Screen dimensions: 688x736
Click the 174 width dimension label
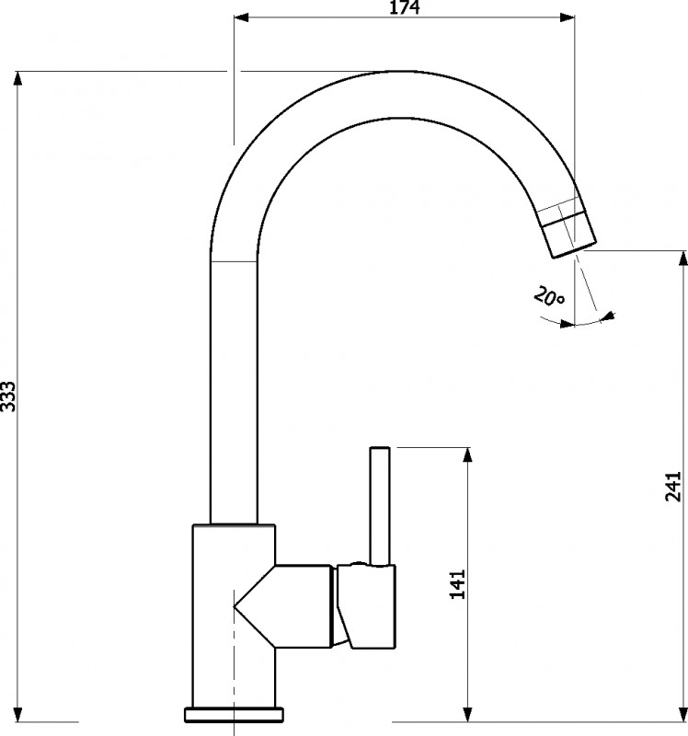pyautogui.click(x=405, y=7)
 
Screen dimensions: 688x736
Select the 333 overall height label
pyautogui.click(x=7, y=397)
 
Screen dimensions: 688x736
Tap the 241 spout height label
pyautogui.click(x=673, y=486)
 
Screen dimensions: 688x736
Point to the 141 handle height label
pyautogui.click(x=457, y=584)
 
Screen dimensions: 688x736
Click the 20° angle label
pyautogui.click(x=549, y=295)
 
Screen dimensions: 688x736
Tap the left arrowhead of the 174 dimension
pyautogui.click(x=241, y=17)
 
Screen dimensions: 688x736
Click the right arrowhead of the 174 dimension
pyautogui.click(x=568, y=17)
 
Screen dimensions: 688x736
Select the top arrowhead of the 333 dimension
pyautogui.click(x=17, y=78)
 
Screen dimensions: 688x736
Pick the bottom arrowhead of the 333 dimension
pyautogui.click(x=17, y=714)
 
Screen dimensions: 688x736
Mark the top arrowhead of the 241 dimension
pyautogui.click(x=683, y=259)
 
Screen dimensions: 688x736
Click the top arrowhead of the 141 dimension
pyautogui.click(x=467, y=454)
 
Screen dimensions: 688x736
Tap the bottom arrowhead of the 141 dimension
pyautogui.click(x=467, y=714)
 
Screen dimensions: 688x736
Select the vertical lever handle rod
pyautogui.click(x=380, y=505)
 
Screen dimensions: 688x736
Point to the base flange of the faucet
pyautogui.click(x=235, y=714)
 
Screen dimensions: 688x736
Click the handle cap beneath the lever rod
pyautogui.click(x=366, y=606)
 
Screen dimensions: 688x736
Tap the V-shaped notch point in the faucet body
pyautogui.click(x=235, y=607)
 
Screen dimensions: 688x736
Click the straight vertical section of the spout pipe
pyautogui.click(x=234, y=392)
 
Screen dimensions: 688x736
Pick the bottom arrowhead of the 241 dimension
pyautogui.click(x=683, y=714)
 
